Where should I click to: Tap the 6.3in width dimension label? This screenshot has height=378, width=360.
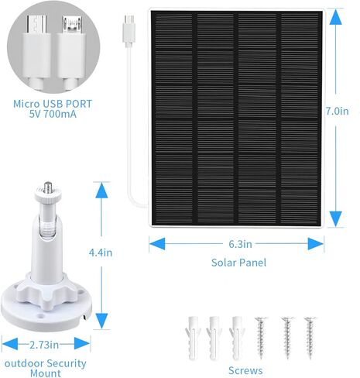(240, 244)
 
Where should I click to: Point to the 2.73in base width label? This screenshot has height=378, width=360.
(47, 343)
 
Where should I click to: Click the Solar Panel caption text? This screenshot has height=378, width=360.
(238, 263)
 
